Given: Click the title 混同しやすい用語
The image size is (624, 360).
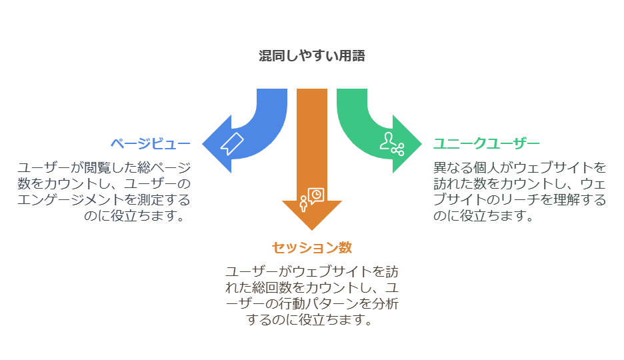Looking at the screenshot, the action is pyautogui.click(x=311, y=56).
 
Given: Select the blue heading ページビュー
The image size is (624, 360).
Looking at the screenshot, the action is pyautogui.click(x=151, y=143).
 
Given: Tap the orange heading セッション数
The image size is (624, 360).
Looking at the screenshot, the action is pyautogui.click(x=312, y=247).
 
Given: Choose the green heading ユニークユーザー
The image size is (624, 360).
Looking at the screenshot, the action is pyautogui.click(x=486, y=143).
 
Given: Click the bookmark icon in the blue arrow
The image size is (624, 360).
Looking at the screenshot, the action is pyautogui.click(x=231, y=143).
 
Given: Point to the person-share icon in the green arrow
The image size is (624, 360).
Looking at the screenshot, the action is pyautogui.click(x=392, y=144).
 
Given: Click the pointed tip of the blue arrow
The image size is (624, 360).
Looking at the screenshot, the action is pyautogui.click(x=202, y=144).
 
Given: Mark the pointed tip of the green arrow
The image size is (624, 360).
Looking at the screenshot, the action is pyautogui.click(x=422, y=144).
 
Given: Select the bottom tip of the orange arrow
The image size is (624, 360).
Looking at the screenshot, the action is pyautogui.click(x=312, y=230).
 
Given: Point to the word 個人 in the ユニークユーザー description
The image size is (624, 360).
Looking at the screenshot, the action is pyautogui.click(x=486, y=168).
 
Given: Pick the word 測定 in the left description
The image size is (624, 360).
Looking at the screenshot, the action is pyautogui.click(x=151, y=200).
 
